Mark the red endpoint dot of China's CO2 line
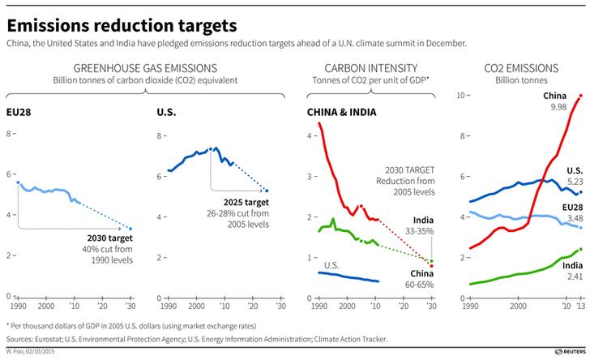[579, 96]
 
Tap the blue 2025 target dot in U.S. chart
[267, 191]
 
